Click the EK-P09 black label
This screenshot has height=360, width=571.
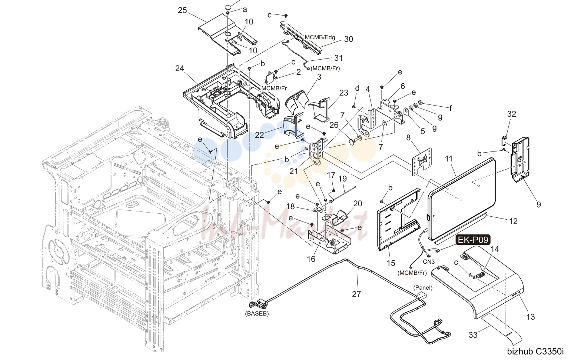click(473, 240)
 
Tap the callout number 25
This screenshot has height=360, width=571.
click(182, 10)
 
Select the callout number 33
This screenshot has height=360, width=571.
click(473, 335)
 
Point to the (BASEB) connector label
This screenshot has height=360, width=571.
click(257, 314)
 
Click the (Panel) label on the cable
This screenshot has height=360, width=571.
click(423, 288)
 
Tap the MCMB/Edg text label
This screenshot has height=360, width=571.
click(320, 37)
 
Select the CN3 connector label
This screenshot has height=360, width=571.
click(429, 261)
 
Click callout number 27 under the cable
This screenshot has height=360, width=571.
click(356, 294)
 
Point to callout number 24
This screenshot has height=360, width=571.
click(180, 68)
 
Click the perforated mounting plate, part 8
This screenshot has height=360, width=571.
click(422, 162)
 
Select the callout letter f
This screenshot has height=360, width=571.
click(451, 109)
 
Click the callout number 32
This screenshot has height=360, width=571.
click(511, 114)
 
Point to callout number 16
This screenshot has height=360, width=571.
click(311, 259)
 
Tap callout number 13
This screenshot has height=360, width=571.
click(531, 317)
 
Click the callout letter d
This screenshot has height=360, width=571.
click(357, 88)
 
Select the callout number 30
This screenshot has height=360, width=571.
click(348, 39)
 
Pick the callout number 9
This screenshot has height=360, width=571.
click(538, 204)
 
